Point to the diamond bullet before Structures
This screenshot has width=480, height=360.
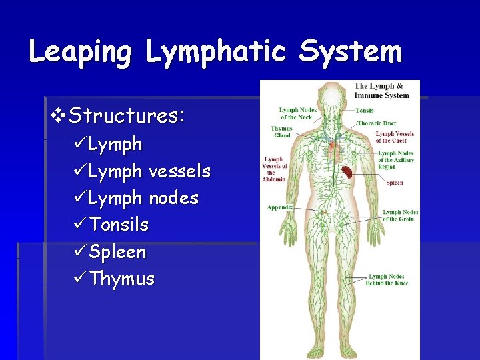(x=59, y=116)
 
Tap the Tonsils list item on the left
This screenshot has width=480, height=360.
(x=119, y=225)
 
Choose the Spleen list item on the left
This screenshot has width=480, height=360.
(x=117, y=252)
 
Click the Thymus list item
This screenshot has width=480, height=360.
(x=121, y=279)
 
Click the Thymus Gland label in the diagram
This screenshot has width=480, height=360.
(x=281, y=132)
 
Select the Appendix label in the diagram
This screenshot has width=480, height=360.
(x=280, y=207)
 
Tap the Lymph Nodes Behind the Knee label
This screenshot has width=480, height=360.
(x=387, y=279)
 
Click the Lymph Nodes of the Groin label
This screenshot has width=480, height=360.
(x=400, y=215)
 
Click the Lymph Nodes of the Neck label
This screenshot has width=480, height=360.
(x=297, y=113)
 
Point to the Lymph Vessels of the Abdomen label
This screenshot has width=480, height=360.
(x=275, y=169)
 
